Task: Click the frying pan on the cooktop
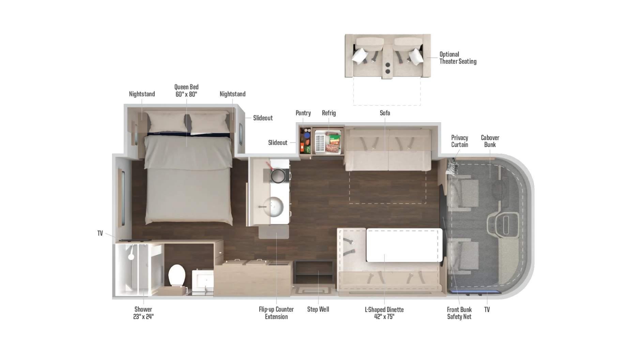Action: click(277, 175)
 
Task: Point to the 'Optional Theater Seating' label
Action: click(458, 58)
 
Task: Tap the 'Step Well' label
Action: click(318, 309)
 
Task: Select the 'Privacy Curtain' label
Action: click(459, 141)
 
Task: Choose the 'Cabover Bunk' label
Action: click(490, 141)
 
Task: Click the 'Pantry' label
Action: click(303, 113)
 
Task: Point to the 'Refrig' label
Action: click(329, 113)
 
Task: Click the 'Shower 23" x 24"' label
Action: click(143, 313)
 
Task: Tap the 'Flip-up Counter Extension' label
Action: click(276, 313)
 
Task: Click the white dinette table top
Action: click(404, 245)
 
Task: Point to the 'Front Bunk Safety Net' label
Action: click(459, 313)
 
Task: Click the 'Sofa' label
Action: click(385, 113)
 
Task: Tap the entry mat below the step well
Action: click(313, 292)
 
